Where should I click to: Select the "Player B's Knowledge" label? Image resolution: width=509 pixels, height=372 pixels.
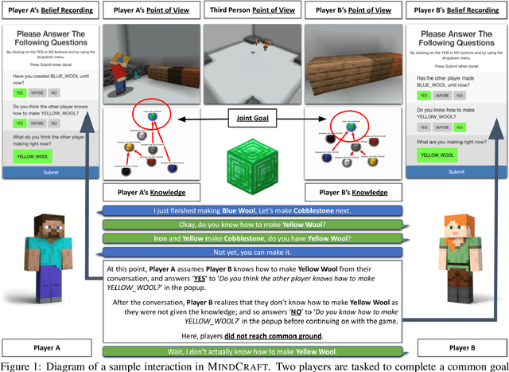coord(353,194)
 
